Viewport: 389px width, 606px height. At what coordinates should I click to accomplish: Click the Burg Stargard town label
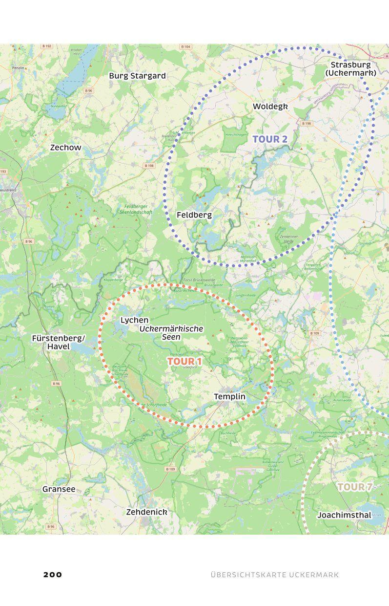click(137, 76)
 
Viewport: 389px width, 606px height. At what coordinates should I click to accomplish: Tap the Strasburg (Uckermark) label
click(350, 69)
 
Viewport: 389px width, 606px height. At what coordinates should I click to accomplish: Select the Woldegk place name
click(270, 107)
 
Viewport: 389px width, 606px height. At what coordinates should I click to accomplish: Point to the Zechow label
click(65, 147)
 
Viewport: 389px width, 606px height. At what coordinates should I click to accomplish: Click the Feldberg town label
click(194, 215)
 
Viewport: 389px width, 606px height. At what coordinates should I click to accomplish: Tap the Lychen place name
click(134, 320)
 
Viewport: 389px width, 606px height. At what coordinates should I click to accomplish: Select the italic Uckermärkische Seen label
click(171, 333)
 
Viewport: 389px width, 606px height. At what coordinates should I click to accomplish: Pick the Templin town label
click(229, 396)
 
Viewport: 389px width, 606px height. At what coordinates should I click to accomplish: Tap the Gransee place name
click(59, 489)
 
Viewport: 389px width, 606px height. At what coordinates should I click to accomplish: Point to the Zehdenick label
click(146, 512)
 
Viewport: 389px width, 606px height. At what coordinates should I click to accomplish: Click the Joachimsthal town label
click(344, 515)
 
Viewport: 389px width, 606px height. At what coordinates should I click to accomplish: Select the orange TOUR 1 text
click(184, 361)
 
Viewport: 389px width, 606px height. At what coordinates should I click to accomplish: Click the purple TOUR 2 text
click(270, 139)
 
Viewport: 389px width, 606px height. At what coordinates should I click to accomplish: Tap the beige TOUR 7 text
click(355, 487)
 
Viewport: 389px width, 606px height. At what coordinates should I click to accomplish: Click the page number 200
click(53, 574)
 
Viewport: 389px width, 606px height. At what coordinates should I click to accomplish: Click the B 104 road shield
click(185, 46)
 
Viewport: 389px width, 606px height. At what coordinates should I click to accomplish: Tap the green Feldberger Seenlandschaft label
click(136, 209)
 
